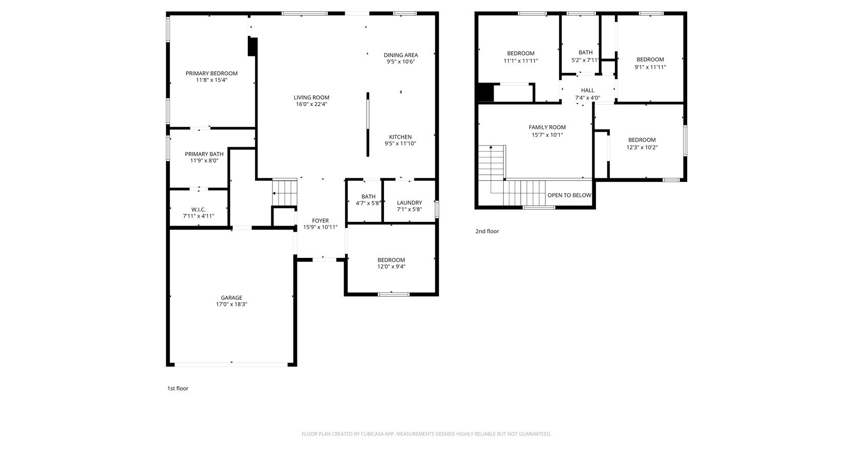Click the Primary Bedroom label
point(211,73)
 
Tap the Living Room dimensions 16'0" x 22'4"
point(311,104)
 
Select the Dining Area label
point(400,55)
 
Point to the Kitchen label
point(400,137)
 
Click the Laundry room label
point(409,202)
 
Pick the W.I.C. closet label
point(198,210)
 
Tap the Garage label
point(231,298)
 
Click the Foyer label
point(320,221)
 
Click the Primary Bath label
point(204,154)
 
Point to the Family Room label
point(547,127)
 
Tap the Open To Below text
point(569,195)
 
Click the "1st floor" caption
point(178,389)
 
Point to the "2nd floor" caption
point(487,231)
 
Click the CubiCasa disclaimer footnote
point(426,434)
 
